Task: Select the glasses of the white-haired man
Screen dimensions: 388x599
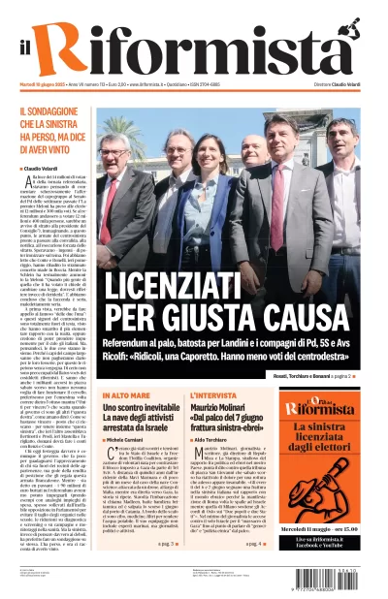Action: click(x=172, y=142)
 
